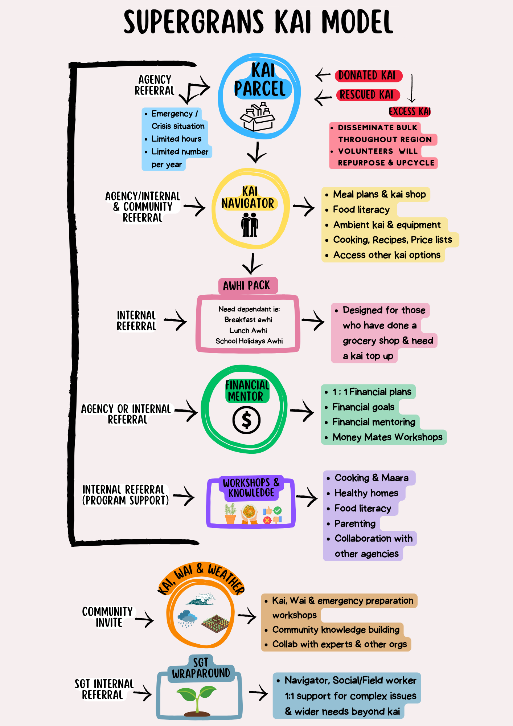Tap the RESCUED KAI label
point(368,95)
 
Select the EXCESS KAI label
point(410,111)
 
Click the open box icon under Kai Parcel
point(257,117)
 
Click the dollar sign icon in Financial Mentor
point(246,420)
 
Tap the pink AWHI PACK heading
point(247,286)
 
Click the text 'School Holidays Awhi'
point(249,341)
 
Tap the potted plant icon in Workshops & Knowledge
point(230,514)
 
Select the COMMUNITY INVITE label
point(107,617)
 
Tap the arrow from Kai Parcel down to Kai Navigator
point(257,152)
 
